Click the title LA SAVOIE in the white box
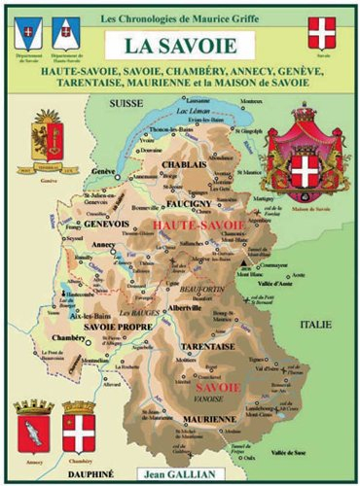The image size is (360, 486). [x=181, y=45]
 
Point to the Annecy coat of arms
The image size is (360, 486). [x=32, y=424]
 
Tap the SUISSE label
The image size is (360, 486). [x=125, y=100]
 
